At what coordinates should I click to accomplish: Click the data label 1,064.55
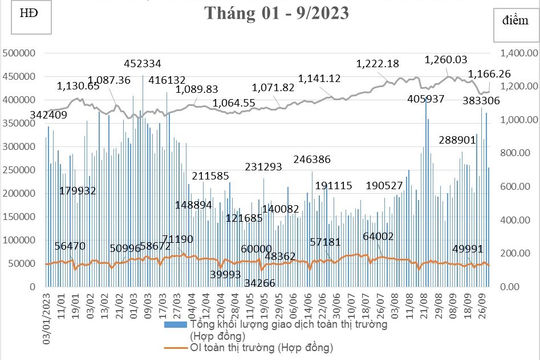pos(234,102)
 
